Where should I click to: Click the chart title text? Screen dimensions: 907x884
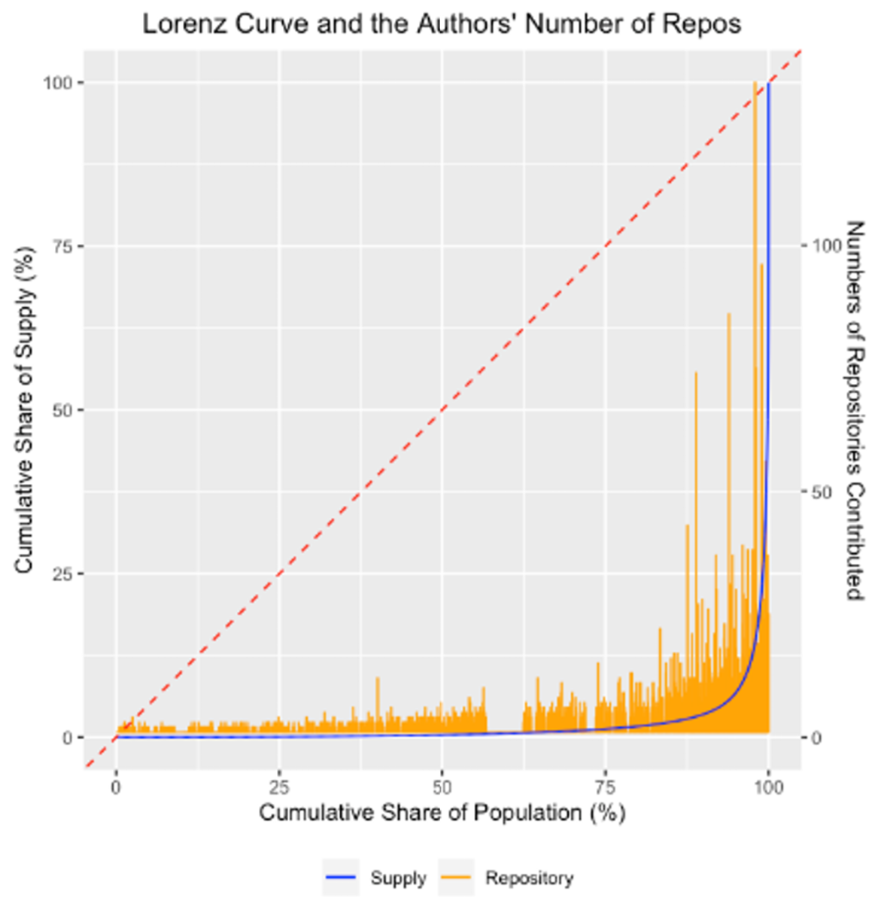point(442,23)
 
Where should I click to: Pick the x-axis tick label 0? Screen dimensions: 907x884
point(116,787)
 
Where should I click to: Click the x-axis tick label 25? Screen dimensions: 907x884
point(279,787)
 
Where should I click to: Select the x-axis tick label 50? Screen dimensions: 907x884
point(442,787)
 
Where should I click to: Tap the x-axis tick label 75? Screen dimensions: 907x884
point(606,787)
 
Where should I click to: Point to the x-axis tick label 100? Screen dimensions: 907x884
point(768,787)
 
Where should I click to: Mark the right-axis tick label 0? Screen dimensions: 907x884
point(817,738)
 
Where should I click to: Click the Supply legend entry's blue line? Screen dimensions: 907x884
point(340,878)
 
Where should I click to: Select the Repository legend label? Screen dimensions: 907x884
point(529,878)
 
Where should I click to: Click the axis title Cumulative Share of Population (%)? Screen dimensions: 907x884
point(442,813)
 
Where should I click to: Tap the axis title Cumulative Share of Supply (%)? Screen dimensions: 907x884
point(24,410)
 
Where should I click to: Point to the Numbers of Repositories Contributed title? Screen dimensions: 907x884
point(854,410)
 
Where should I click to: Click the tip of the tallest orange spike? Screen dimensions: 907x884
point(755,83)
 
